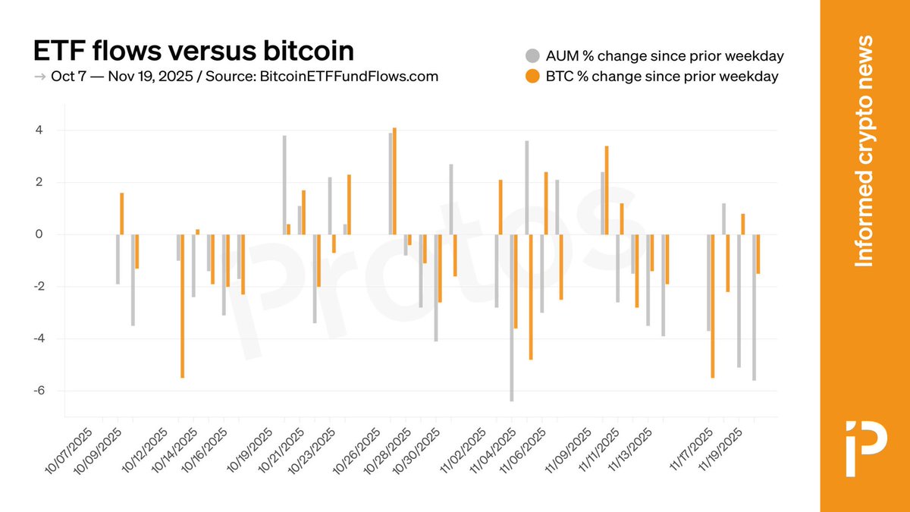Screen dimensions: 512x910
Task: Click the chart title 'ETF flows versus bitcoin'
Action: [x=193, y=51]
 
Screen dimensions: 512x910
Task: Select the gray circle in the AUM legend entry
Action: [x=532, y=56]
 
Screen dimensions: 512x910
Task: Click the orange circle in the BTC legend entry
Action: [x=532, y=76]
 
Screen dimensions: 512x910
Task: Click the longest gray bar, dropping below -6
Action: [x=512, y=319]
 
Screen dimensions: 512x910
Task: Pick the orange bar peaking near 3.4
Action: [x=607, y=190]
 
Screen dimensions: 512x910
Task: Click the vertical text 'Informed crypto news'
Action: [x=864, y=151]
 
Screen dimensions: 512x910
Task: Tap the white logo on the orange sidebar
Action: [x=864, y=437]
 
